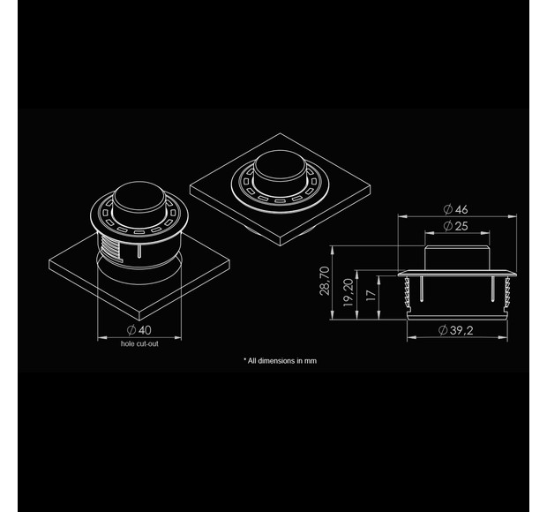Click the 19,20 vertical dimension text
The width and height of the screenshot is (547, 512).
[348, 289]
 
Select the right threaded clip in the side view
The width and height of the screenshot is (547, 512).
[506, 291]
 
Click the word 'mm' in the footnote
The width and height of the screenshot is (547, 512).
[309, 360]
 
